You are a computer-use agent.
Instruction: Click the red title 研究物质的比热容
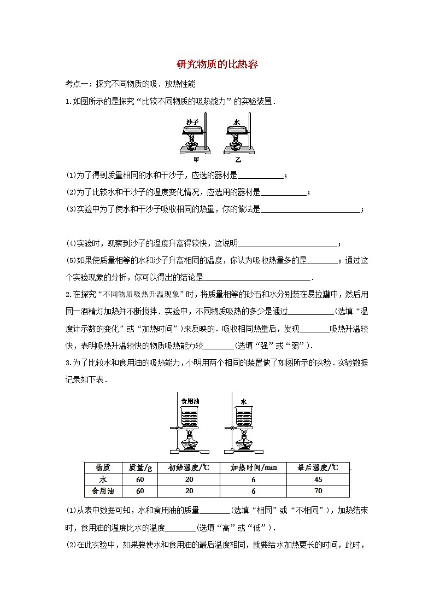217,65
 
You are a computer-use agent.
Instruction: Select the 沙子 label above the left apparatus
192,121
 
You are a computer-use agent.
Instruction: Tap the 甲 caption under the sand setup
196,160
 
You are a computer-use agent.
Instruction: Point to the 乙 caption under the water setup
238,160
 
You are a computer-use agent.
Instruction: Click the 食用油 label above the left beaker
189,401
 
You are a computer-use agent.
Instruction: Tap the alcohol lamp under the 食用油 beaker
191,442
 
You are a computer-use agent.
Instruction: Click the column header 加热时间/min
254,467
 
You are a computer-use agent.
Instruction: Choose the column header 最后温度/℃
318,467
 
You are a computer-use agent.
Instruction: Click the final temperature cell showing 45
318,479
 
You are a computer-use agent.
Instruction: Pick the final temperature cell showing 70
318,491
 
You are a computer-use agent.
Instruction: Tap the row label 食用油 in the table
103,491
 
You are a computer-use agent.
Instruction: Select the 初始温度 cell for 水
189,479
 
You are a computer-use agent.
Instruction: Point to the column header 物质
103,467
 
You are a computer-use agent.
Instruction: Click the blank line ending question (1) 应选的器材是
261,176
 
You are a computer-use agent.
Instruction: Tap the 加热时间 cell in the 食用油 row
254,491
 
